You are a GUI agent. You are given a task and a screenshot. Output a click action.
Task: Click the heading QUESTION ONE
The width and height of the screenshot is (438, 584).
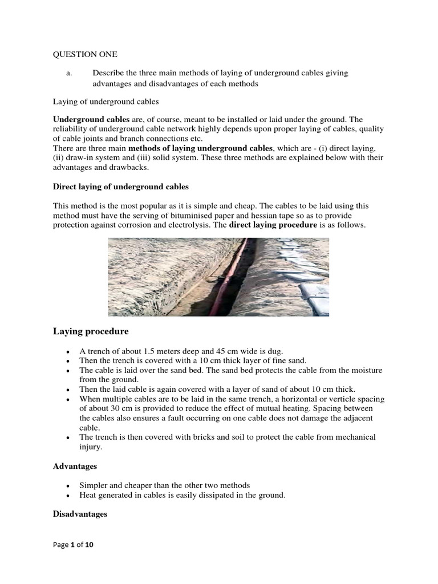[85, 54]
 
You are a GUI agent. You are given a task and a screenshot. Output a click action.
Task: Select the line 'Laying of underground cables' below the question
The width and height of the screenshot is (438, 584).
[106, 102]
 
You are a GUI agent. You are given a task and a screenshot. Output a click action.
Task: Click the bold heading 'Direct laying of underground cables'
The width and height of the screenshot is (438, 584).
[120, 186]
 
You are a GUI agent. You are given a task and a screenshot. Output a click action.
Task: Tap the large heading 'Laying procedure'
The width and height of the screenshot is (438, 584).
[91, 331]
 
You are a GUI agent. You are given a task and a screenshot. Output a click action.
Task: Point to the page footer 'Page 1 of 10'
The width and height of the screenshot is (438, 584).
[73, 545]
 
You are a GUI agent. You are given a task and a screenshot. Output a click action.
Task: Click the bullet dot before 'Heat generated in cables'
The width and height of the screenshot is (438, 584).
[68, 496]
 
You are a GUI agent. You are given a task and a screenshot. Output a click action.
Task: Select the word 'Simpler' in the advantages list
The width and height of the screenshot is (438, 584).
[94, 485]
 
